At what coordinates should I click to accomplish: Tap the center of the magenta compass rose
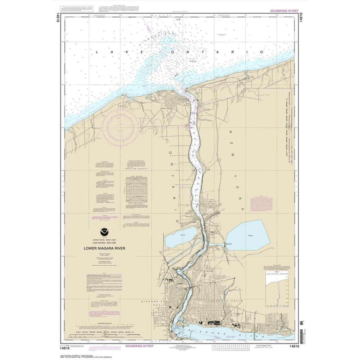(x=120, y=125)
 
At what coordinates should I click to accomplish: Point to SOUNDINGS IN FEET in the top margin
(x=282, y=11)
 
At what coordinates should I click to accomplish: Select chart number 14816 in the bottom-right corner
(x=291, y=347)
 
